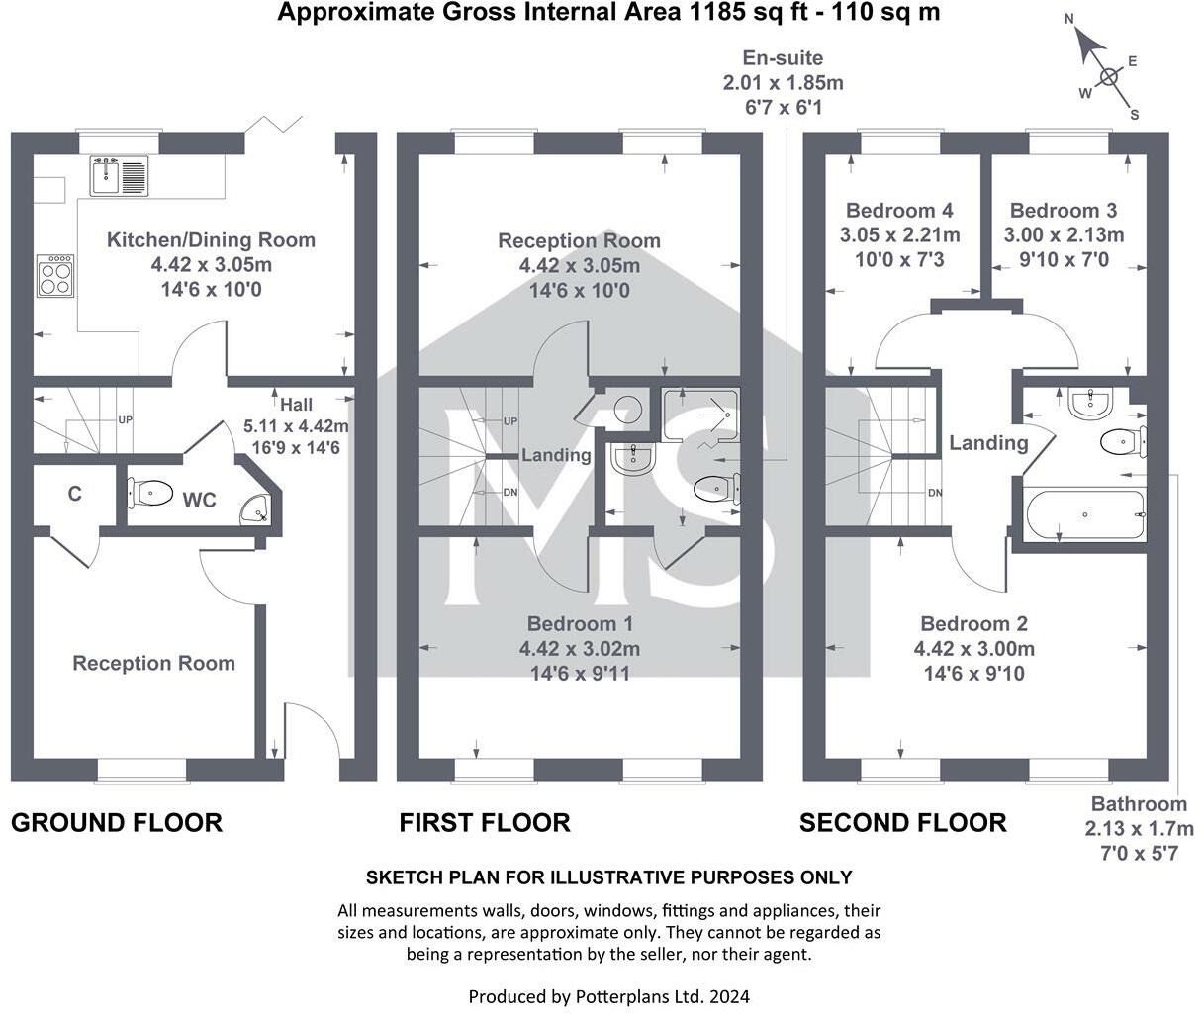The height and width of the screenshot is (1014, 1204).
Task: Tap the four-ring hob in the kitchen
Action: click(x=55, y=274)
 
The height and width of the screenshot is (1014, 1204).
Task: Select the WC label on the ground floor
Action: click(x=199, y=500)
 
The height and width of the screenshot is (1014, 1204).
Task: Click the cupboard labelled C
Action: click(x=75, y=494)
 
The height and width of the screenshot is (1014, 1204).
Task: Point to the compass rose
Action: click(x=1107, y=77)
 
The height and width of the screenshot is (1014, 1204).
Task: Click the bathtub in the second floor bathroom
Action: click(x=1085, y=514)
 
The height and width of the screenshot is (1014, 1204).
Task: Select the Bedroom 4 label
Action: click(x=899, y=211)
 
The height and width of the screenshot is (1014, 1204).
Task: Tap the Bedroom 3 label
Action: click(x=1064, y=211)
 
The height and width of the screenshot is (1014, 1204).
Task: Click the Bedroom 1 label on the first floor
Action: click(x=580, y=624)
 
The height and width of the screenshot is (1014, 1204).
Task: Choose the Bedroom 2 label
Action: click(x=973, y=624)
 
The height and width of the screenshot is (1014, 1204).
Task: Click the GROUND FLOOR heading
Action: click(x=117, y=822)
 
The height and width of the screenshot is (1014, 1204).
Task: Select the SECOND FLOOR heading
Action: click(x=902, y=822)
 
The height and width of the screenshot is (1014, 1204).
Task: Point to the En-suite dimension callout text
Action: click(x=783, y=82)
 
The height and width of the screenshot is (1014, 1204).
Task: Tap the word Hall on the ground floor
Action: click(x=296, y=404)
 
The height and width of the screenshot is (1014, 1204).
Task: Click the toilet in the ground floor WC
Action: click(x=150, y=491)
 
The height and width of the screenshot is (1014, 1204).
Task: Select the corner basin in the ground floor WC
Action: click(x=260, y=508)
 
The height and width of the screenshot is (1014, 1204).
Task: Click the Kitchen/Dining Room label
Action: click(x=211, y=239)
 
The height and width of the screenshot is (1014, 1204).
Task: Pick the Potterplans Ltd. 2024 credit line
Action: click(x=608, y=995)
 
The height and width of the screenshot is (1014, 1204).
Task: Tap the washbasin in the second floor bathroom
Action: click(x=1089, y=400)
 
